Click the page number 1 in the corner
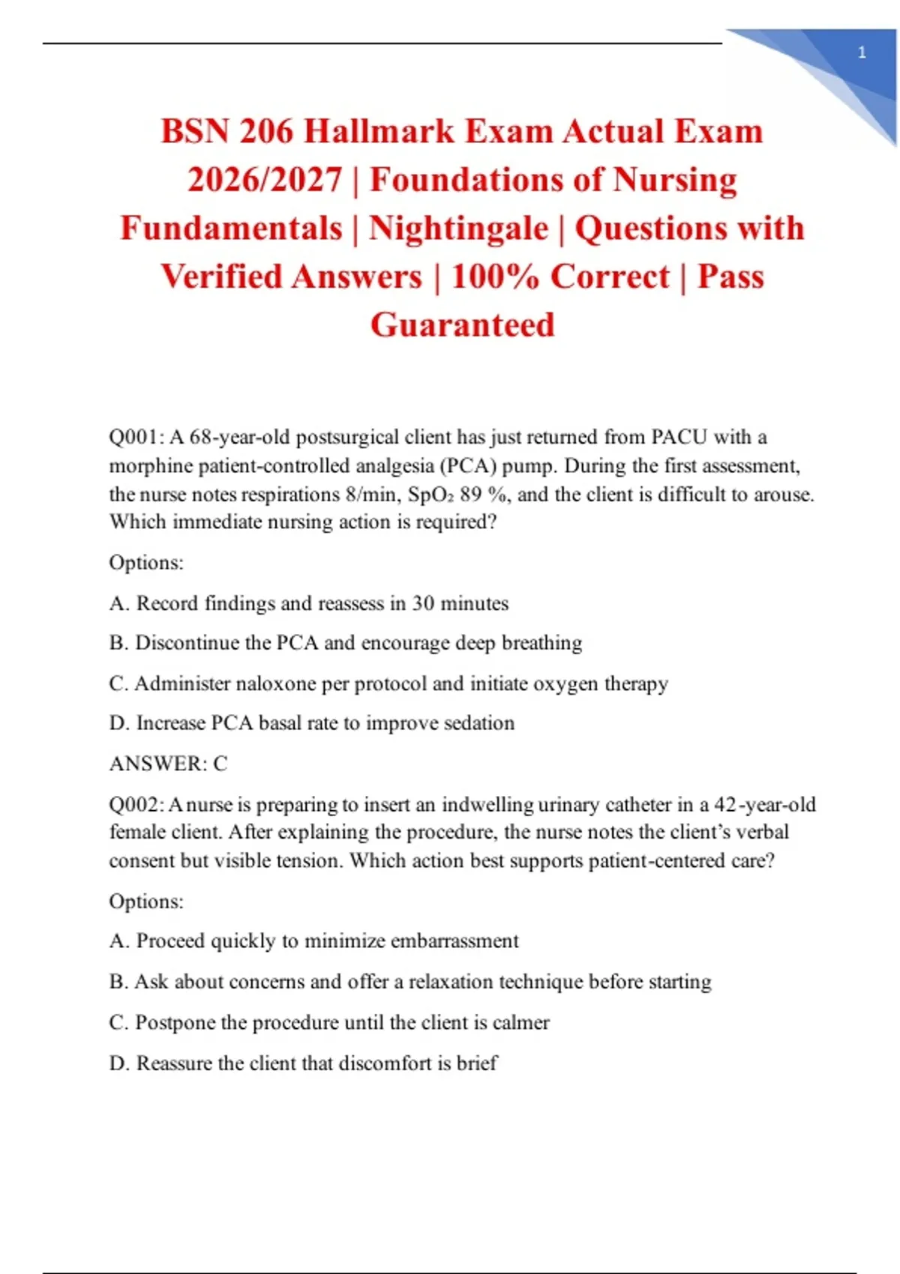[x=862, y=52]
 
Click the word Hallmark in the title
[x=379, y=132]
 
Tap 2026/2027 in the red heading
[x=264, y=181]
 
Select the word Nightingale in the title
[x=458, y=229]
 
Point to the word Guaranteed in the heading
[x=462, y=325]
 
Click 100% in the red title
[x=495, y=277]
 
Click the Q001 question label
[x=136, y=437]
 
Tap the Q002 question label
[x=136, y=805]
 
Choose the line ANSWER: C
[x=168, y=764]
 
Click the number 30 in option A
[x=423, y=603]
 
